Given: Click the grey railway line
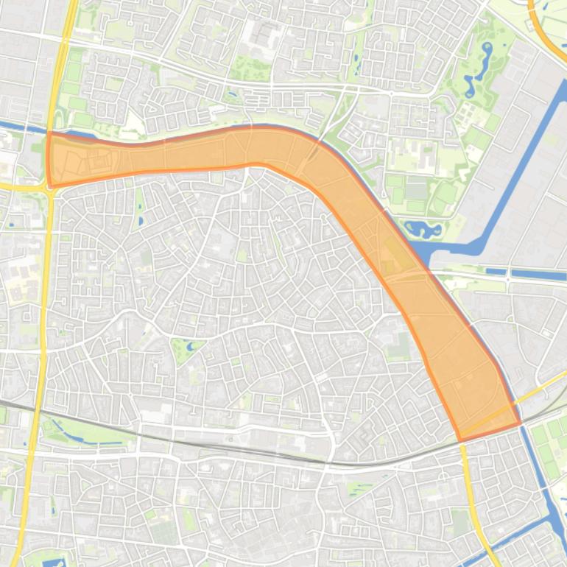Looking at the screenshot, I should (x=221, y=445).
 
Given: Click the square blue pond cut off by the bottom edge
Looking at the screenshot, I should (x=53, y=563).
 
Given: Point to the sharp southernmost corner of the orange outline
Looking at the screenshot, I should (x=461, y=441).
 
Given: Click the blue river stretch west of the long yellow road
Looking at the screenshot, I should (x=18, y=127).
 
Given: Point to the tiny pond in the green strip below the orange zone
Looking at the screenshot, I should (x=141, y=219).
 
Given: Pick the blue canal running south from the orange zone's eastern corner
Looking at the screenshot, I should (x=541, y=479).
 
